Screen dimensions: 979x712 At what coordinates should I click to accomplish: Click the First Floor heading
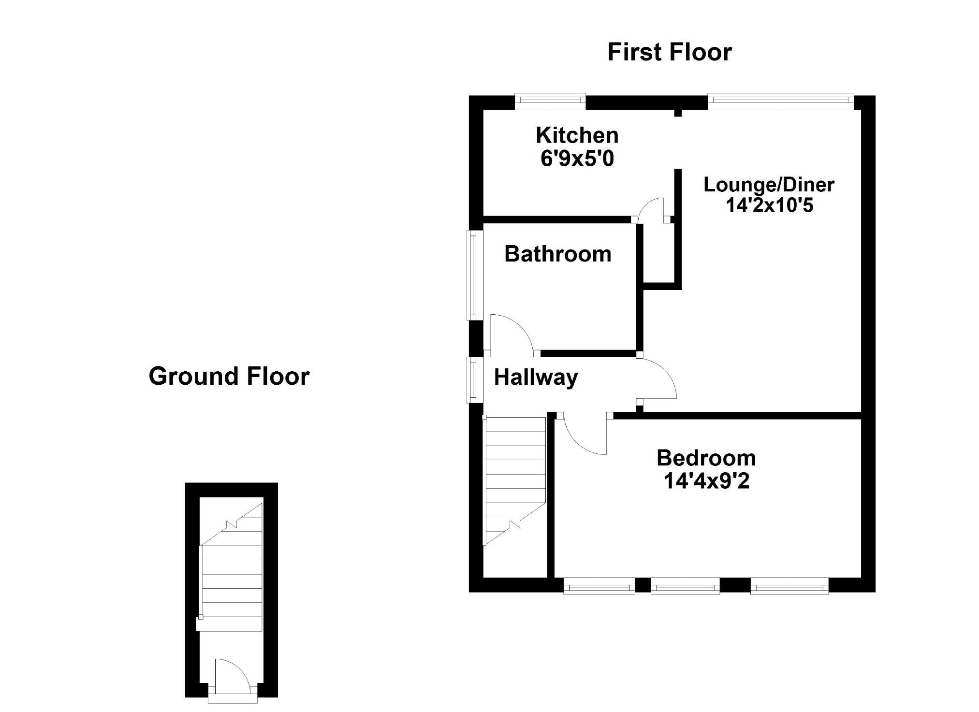coord(669,52)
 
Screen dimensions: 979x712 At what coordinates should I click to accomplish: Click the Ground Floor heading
coord(229,376)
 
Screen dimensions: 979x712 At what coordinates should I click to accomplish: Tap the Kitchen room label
coord(577,135)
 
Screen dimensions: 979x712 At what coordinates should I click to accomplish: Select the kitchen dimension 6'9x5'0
coord(577,159)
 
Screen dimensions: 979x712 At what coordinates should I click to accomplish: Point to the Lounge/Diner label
coord(769,185)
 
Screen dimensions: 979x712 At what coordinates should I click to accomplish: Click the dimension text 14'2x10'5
coord(769,205)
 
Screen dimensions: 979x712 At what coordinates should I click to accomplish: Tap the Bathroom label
coord(557,254)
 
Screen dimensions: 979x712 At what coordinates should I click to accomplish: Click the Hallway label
coord(536,378)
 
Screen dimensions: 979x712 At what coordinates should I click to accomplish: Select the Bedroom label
coord(706,458)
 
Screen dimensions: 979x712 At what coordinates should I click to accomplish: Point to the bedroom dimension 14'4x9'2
coord(706,481)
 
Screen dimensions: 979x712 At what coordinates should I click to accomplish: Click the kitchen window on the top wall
coord(550,101)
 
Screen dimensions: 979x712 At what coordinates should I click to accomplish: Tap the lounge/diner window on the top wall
coord(781,101)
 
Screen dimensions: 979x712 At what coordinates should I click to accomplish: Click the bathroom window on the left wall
coord(475,275)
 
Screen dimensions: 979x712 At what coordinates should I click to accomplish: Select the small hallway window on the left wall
coord(475,379)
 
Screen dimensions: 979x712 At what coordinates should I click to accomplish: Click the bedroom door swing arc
coord(583,437)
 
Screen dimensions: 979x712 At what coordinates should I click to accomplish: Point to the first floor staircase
coord(515,479)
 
